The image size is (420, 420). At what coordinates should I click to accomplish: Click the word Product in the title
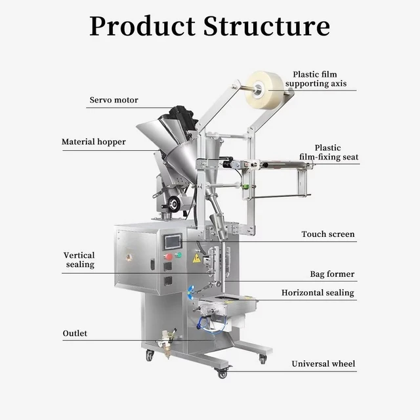[142, 26]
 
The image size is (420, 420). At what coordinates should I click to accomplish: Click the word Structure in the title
[266, 26]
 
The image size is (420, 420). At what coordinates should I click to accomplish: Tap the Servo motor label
[114, 100]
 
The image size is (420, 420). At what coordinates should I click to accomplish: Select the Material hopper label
[94, 142]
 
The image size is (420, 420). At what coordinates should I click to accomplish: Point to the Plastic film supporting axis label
[316, 79]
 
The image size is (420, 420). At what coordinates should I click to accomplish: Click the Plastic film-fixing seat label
[329, 152]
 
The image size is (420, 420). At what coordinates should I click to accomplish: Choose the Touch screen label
[328, 234]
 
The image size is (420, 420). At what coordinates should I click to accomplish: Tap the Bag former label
[332, 274]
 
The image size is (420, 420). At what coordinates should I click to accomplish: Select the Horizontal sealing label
[318, 293]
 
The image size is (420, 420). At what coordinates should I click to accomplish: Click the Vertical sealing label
[79, 260]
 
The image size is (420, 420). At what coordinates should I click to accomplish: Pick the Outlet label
[75, 333]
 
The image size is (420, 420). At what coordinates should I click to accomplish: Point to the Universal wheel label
[324, 364]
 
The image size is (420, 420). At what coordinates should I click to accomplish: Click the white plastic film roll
[264, 90]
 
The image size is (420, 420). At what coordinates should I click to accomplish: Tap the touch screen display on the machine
[173, 242]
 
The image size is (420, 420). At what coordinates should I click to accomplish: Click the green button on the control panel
[178, 255]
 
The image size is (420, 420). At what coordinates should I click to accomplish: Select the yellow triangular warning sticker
[197, 258]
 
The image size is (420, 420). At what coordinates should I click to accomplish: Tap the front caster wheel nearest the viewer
[222, 373]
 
